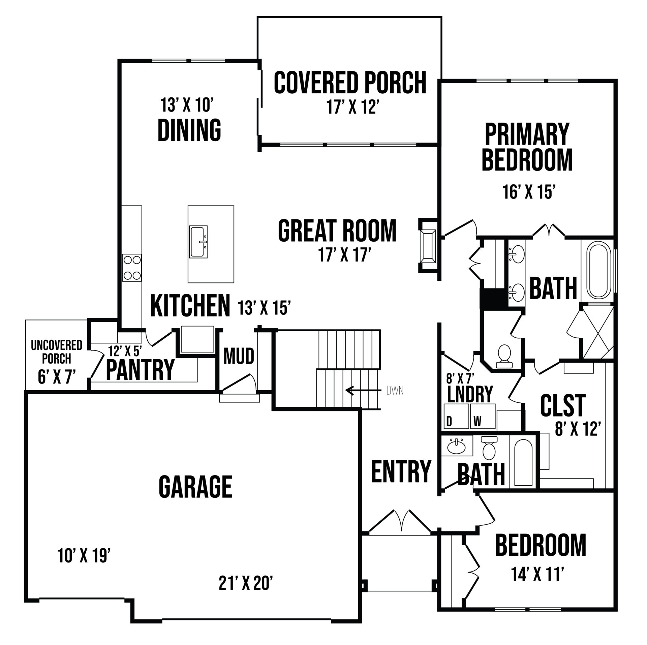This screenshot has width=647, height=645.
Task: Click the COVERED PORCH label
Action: [350, 82]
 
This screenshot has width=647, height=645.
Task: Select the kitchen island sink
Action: [198, 242]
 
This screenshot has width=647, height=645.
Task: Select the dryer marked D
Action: [456, 416]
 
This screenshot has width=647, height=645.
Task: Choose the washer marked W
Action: [483, 416]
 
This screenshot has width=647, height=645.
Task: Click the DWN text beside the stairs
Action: [395, 391]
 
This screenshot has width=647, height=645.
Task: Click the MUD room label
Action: [239, 357]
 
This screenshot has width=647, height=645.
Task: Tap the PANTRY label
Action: [140, 370]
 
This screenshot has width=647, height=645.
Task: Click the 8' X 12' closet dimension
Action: [578, 430]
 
